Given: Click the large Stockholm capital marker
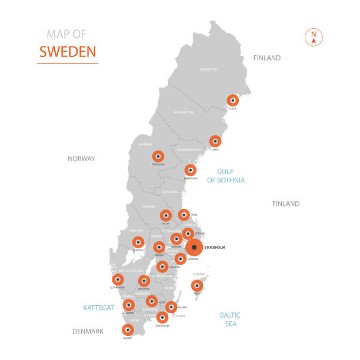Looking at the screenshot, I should coord(194,247).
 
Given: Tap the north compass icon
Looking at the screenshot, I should coord(314,36).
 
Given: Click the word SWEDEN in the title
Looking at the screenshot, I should coord(67,51).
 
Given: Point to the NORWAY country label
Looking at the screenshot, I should coord(81,158).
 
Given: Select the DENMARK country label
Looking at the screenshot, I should coord(88,332).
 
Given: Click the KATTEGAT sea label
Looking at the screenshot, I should coord(99,308).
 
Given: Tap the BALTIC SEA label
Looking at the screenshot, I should coord(230,319).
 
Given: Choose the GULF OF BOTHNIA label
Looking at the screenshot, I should coord(226,176).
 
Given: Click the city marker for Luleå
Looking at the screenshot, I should coord(233,100).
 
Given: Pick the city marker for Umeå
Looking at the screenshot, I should coord(215,141).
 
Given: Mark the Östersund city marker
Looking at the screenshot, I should coord(158,156).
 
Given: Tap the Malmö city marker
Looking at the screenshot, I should coord(128,329).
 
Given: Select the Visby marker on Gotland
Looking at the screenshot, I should coord(197,286).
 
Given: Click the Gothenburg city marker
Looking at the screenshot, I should coord(118,279).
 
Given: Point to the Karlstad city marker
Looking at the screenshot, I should coord(138,242).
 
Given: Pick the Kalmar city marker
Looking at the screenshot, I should coord(171,306).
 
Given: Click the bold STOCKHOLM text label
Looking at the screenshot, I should coord(215,248).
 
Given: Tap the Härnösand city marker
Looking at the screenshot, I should coord(190,170).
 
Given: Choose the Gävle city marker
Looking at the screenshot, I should coord(184,215).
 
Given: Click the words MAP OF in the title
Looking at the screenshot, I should coord(66,34).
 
